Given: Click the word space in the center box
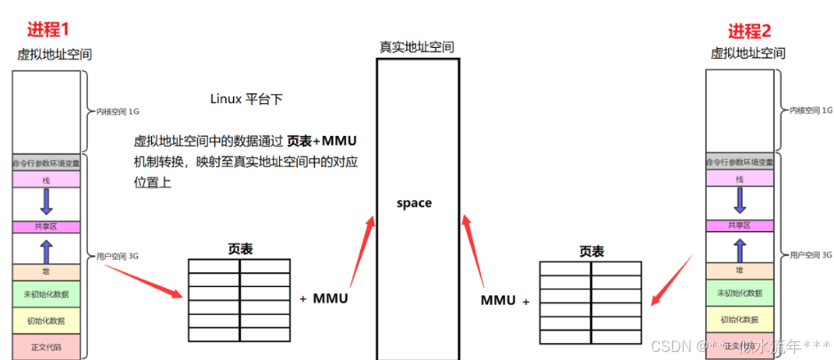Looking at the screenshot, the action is pos(414,203).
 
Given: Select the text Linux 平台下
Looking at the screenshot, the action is pos(246,99).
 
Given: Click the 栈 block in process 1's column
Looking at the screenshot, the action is pos(46,180).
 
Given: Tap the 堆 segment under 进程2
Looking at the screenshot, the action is pos(739,269).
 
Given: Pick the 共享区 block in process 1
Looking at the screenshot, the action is pos(46,227).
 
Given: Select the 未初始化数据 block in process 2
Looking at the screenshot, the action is pos(739,292).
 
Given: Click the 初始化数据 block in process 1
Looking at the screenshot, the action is pos(46,319).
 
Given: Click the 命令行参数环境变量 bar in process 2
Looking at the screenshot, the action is pos(739,163).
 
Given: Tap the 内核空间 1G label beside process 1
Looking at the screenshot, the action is pos(117,112).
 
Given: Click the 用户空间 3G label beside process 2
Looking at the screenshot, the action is pos(810,255).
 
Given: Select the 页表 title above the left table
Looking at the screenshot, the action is pos(239,249).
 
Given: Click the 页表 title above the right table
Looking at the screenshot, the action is pos(591,252).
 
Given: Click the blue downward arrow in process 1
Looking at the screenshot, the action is pos(46,203).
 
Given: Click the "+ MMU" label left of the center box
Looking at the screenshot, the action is pos(324,299).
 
